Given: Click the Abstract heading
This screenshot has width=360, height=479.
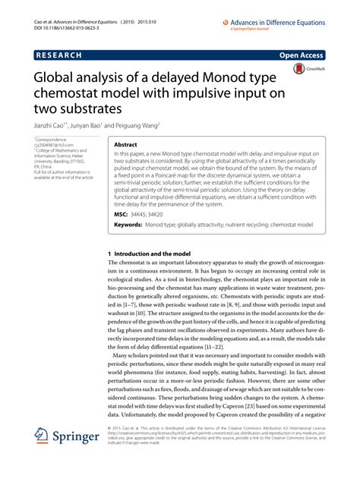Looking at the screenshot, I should (x=126, y=143).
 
